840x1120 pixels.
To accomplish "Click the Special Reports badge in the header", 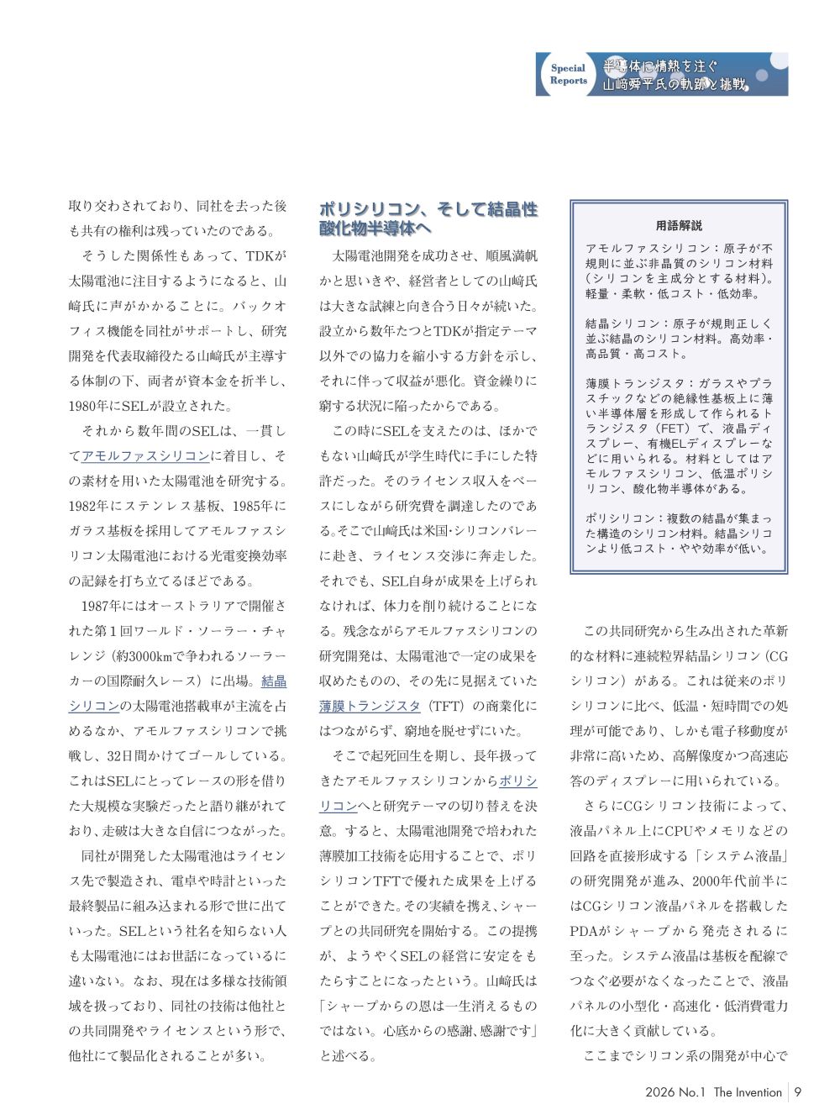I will click(569, 75).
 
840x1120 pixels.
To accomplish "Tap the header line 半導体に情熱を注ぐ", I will click(660, 66).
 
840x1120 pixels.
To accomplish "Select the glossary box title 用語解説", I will click(679, 226).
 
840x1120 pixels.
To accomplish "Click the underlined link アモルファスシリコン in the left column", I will click(145, 456).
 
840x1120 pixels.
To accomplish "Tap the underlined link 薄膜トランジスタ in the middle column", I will click(370, 706).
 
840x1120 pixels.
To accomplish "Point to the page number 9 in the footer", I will click(798, 1092).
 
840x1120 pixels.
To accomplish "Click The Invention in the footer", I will click(748, 1092).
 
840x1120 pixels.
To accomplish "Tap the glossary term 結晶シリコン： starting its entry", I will click(625, 323).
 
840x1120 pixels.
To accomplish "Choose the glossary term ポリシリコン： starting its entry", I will click(625, 518).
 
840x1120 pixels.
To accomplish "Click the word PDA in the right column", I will click(585, 931).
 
